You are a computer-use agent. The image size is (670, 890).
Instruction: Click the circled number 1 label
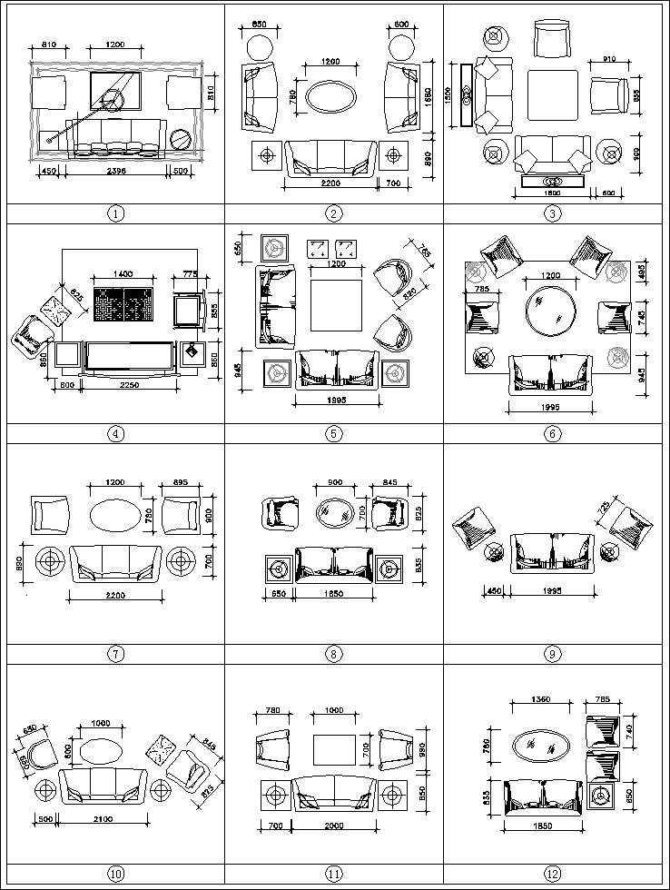115,214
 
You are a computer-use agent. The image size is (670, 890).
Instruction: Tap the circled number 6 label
553,433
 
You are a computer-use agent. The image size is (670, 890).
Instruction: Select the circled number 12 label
553,874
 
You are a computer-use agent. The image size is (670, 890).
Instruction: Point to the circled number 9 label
553,653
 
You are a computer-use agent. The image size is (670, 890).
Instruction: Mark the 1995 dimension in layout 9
550,591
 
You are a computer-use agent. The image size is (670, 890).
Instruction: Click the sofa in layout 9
551,552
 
